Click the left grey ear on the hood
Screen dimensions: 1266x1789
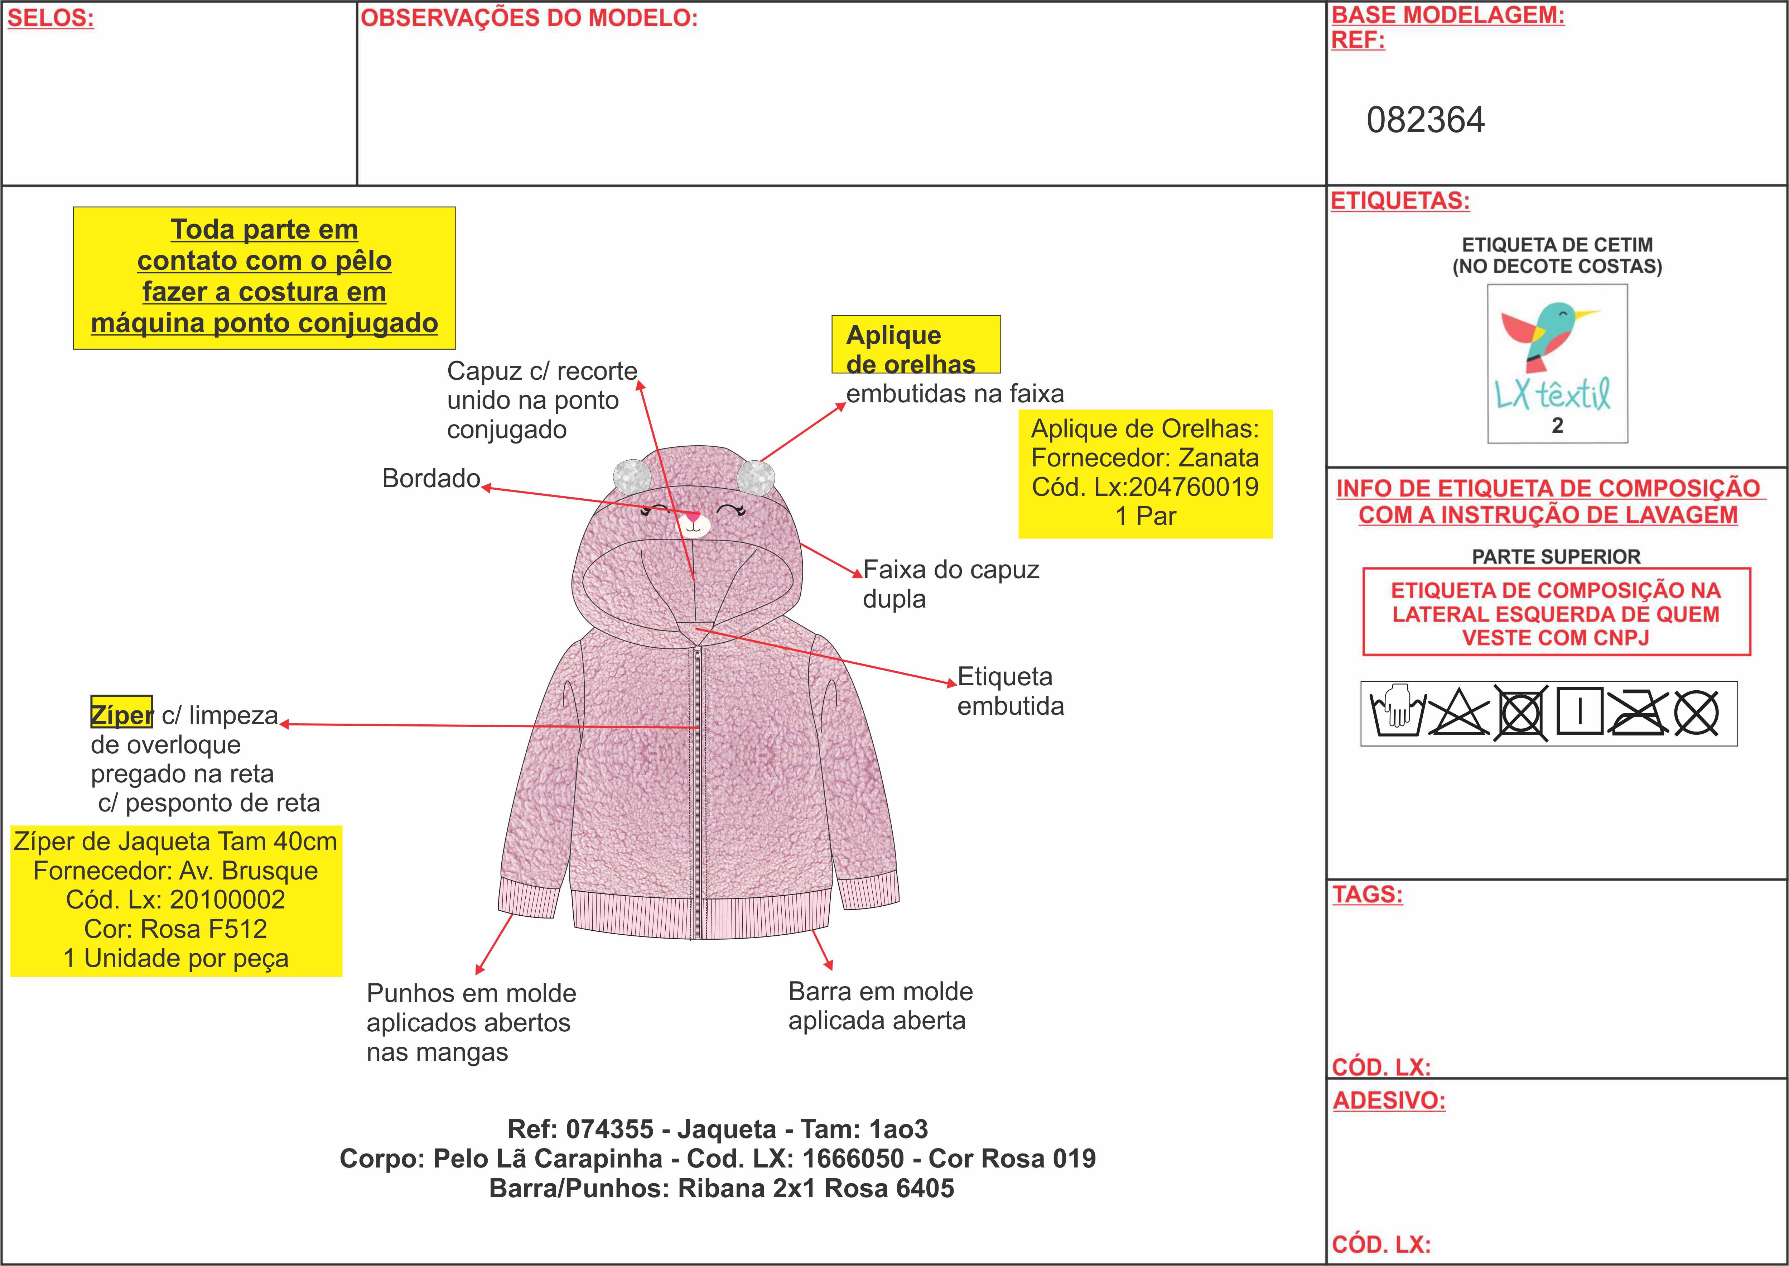click(x=632, y=475)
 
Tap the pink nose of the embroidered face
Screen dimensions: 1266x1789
click(x=693, y=516)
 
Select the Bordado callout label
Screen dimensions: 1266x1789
click(x=430, y=478)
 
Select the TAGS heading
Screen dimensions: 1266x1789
click(x=1367, y=894)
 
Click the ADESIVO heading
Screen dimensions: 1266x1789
click(x=1389, y=1100)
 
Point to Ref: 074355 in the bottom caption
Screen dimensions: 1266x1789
click(x=580, y=1129)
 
